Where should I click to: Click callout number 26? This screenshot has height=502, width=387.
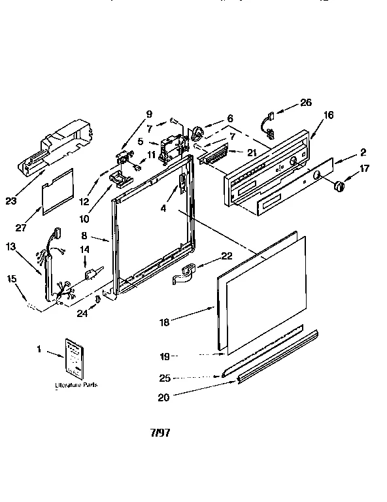click(306, 103)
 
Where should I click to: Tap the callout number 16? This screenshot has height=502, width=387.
click(328, 115)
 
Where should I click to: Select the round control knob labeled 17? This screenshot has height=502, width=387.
click(339, 188)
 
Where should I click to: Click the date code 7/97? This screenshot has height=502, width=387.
click(160, 433)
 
